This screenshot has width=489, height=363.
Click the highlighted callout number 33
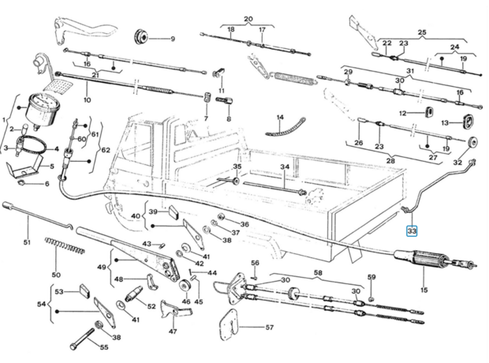pyautogui.click(x=411, y=231)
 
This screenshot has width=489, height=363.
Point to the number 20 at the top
pyautogui.click(x=248, y=18)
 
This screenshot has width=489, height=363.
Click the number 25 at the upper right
pyautogui.click(x=421, y=32)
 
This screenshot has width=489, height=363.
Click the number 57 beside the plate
pyautogui.click(x=268, y=326)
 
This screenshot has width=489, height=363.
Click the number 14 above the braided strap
pyautogui.click(x=279, y=118)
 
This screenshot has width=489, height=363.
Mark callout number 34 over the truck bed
pyautogui.click(x=285, y=167)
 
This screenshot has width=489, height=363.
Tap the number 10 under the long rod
pyautogui.click(x=87, y=100)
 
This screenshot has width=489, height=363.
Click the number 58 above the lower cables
pyautogui.click(x=318, y=272)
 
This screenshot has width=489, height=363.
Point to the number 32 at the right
pyautogui.click(x=457, y=163)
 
